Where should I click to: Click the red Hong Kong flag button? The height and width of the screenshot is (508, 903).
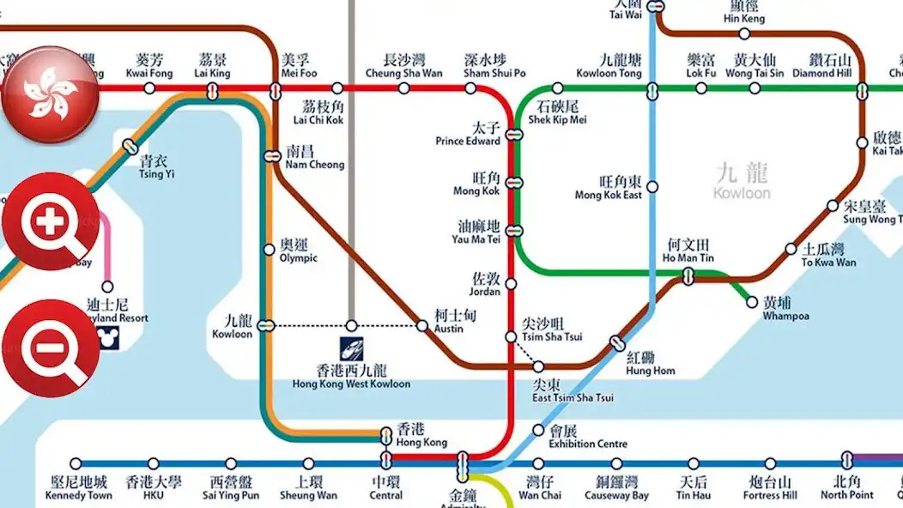coord(50,94)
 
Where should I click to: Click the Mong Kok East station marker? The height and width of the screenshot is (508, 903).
coord(652,186)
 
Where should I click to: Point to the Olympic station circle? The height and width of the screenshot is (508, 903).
coord(269,250)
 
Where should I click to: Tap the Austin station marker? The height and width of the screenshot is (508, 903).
coord(421,325)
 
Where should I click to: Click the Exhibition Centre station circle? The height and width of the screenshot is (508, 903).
coord(538,430)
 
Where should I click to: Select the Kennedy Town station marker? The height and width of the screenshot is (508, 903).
coord(76,463)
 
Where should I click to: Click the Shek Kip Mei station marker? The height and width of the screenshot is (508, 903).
coord(557,88)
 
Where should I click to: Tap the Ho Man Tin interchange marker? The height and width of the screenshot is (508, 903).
coord(688,275)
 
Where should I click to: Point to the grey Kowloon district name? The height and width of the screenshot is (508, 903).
coord(742,181)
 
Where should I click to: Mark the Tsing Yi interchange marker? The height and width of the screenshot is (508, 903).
coord(130,147)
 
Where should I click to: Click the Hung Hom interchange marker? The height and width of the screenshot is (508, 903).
coord(616,343)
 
